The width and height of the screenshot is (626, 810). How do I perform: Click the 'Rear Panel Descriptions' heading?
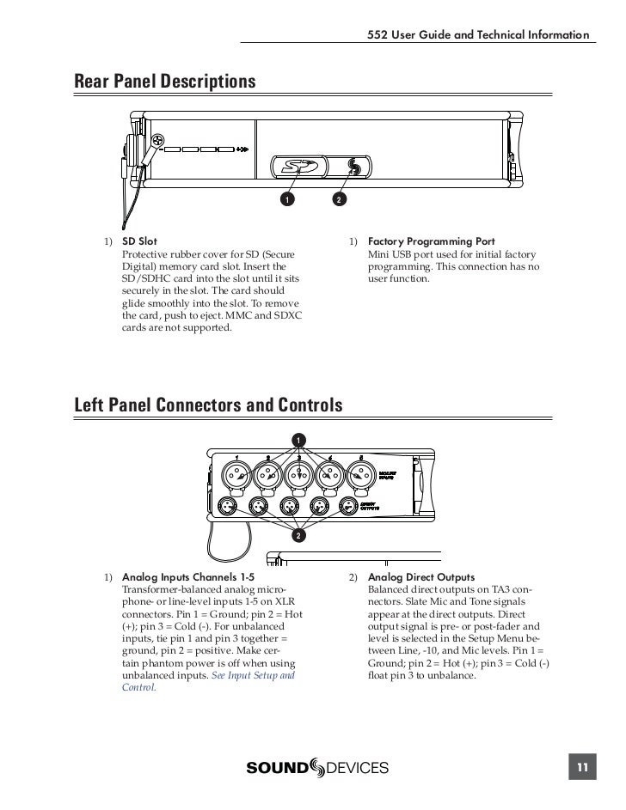click(165, 82)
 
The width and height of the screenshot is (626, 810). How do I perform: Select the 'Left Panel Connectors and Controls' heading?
click(209, 404)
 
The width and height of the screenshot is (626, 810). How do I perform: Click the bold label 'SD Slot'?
click(139, 242)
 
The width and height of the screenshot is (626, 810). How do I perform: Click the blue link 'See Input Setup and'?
click(253, 676)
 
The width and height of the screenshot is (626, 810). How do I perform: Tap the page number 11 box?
click(582, 767)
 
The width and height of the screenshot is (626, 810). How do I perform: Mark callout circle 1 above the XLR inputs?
click(298, 441)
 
